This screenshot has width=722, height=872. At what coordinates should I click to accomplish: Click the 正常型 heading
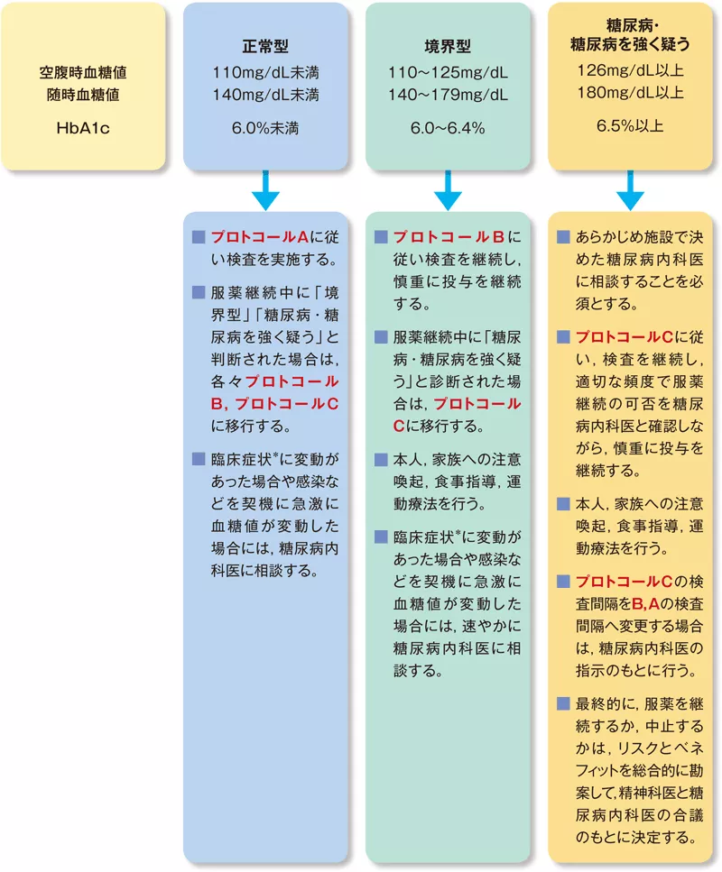tap(265, 46)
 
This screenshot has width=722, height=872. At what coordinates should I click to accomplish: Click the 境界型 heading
tap(448, 46)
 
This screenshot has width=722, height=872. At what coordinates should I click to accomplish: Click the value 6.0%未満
tap(265, 128)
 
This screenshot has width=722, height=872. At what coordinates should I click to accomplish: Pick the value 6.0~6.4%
tap(448, 128)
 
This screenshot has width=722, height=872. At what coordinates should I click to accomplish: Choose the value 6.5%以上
tap(630, 127)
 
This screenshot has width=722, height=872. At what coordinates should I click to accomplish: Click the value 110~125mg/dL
tap(448, 71)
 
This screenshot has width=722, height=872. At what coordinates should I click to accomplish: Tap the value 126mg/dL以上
tap(630, 70)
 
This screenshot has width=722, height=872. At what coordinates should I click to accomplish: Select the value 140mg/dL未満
tap(265, 92)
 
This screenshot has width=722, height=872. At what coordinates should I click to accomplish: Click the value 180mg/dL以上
tap(630, 92)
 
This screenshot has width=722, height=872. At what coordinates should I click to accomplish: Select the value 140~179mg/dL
tap(448, 92)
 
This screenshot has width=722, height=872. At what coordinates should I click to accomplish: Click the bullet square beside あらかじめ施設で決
tap(563, 237)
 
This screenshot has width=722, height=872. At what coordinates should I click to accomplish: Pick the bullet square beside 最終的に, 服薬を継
tap(563, 702)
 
